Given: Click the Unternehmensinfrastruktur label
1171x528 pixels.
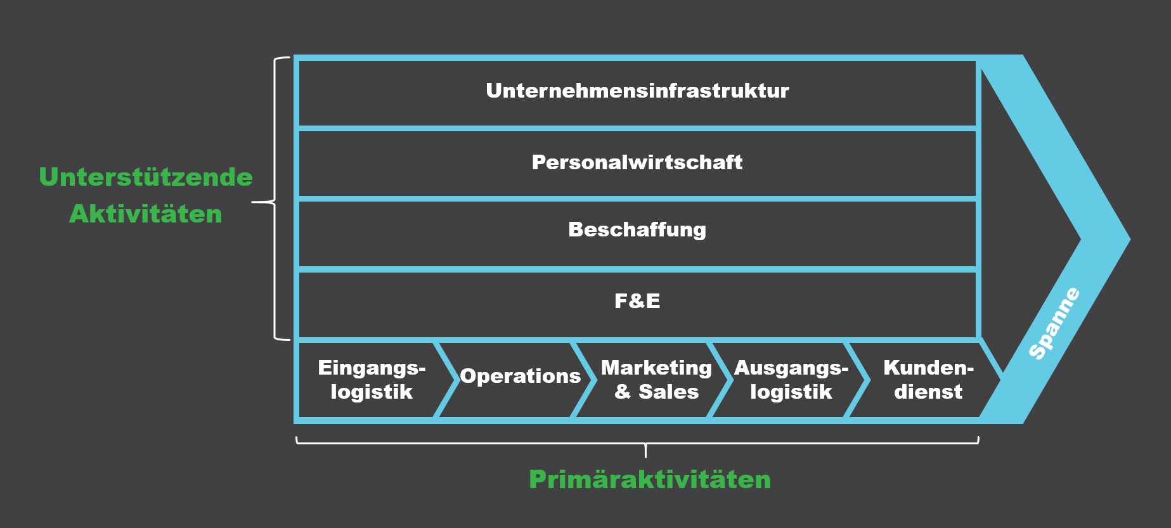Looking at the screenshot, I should [637, 91].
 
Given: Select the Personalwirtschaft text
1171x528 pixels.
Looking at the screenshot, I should [637, 162].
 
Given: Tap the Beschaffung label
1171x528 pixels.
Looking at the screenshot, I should [637, 229].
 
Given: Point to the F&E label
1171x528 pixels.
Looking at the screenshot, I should [637, 300].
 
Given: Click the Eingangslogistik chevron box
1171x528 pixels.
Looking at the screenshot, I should [372, 380].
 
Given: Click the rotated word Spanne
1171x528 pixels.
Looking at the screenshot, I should [1054, 324].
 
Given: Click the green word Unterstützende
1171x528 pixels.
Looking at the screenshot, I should [146, 177].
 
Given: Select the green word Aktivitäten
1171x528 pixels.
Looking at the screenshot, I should [146, 214].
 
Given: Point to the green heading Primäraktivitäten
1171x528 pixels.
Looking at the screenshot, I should [650, 480].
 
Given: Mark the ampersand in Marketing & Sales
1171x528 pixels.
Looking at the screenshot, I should [623, 392].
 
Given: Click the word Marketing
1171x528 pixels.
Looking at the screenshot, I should [656, 368].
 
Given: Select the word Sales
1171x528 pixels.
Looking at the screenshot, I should [668, 392].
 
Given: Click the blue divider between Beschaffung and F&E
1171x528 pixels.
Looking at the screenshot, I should [637, 269].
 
